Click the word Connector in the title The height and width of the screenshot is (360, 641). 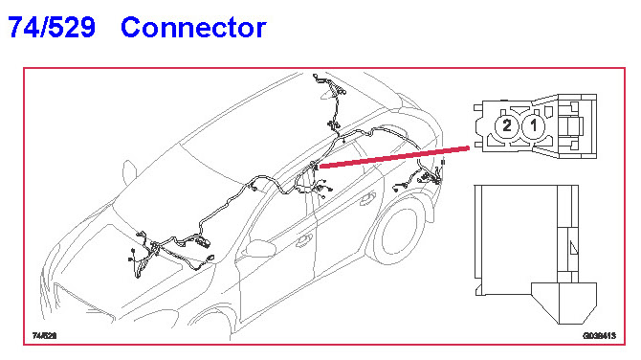(193, 28)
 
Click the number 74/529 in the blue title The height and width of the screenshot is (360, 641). (52, 27)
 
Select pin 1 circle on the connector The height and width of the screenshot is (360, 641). (534, 125)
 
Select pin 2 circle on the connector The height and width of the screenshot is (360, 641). (507, 125)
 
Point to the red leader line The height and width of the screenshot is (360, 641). (394, 157)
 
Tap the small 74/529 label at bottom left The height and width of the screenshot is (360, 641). (45, 336)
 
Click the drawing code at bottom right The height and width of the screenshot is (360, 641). (599, 336)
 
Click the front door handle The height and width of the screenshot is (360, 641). (304, 240)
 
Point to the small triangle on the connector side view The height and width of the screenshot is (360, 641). (573, 247)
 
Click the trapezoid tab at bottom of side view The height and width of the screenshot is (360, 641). (564, 303)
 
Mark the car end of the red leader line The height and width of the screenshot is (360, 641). (320, 166)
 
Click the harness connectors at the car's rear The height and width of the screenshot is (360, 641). (430, 177)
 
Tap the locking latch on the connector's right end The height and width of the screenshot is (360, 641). (576, 126)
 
